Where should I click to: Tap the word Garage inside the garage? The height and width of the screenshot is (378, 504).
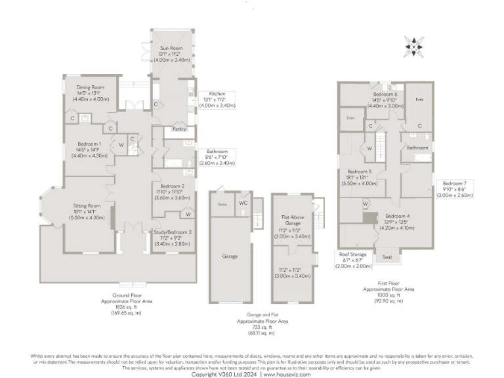pyautogui.click(x=230, y=256)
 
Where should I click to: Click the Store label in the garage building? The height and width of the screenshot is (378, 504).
pyautogui.click(x=222, y=204)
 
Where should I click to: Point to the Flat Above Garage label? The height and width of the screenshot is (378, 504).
pyautogui.click(x=289, y=224)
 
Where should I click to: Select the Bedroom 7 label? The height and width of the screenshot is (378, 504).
pyautogui.click(x=454, y=183)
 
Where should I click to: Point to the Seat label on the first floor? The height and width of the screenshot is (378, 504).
pyautogui.click(x=387, y=257)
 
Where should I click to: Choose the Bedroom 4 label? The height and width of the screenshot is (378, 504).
pyautogui.click(x=398, y=216)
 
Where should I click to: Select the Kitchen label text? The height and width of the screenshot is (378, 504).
pyautogui.click(x=217, y=93)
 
